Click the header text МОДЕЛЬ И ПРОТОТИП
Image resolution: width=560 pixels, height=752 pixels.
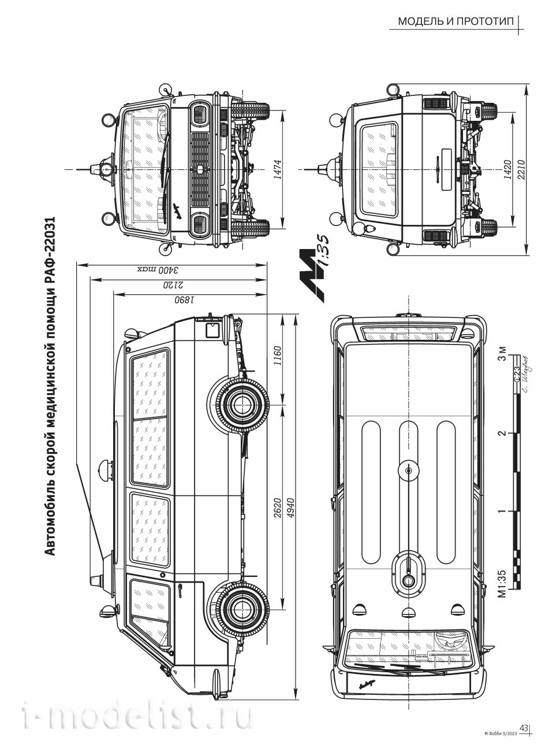(x=455, y=23)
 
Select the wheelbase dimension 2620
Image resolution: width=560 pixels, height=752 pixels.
(x=277, y=507)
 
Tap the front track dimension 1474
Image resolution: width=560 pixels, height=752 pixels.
(x=278, y=169)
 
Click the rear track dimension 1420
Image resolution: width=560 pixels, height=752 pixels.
(x=507, y=169)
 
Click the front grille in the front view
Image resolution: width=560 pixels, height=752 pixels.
(x=201, y=168)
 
